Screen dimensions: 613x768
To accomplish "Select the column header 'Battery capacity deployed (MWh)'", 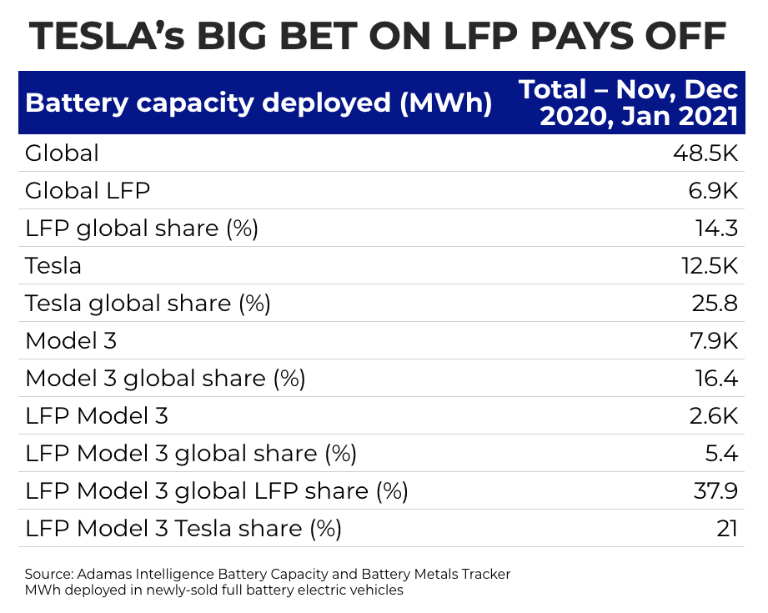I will tap(259, 103).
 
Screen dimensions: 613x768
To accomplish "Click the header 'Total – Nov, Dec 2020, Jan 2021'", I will tap(629, 103).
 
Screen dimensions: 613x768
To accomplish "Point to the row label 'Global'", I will tap(63, 153).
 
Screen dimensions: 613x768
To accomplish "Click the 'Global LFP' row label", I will tap(88, 191).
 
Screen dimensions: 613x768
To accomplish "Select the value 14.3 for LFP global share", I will tap(716, 229).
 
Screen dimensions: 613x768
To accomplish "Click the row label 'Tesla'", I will tap(53, 266).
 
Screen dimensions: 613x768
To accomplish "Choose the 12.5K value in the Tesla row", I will tap(705, 266).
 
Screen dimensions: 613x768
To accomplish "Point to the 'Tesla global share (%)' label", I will tap(148, 304).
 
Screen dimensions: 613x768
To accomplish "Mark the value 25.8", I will tap(715, 304).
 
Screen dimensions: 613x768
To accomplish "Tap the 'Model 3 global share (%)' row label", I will tap(165, 379).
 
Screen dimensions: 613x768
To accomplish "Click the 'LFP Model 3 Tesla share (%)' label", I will tap(183, 529).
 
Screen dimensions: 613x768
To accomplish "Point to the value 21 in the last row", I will tap(727, 529).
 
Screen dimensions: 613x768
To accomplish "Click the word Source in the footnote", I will tap(48, 574).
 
